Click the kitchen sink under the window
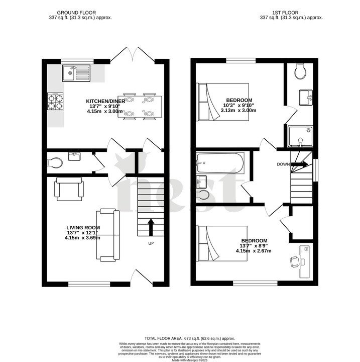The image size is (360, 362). click(x=76, y=73)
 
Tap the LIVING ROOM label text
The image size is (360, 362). click(x=83, y=228)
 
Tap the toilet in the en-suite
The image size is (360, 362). click(x=301, y=72)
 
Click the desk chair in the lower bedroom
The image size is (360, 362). click(x=295, y=261)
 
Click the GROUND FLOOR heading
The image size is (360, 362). click(x=76, y=12)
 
